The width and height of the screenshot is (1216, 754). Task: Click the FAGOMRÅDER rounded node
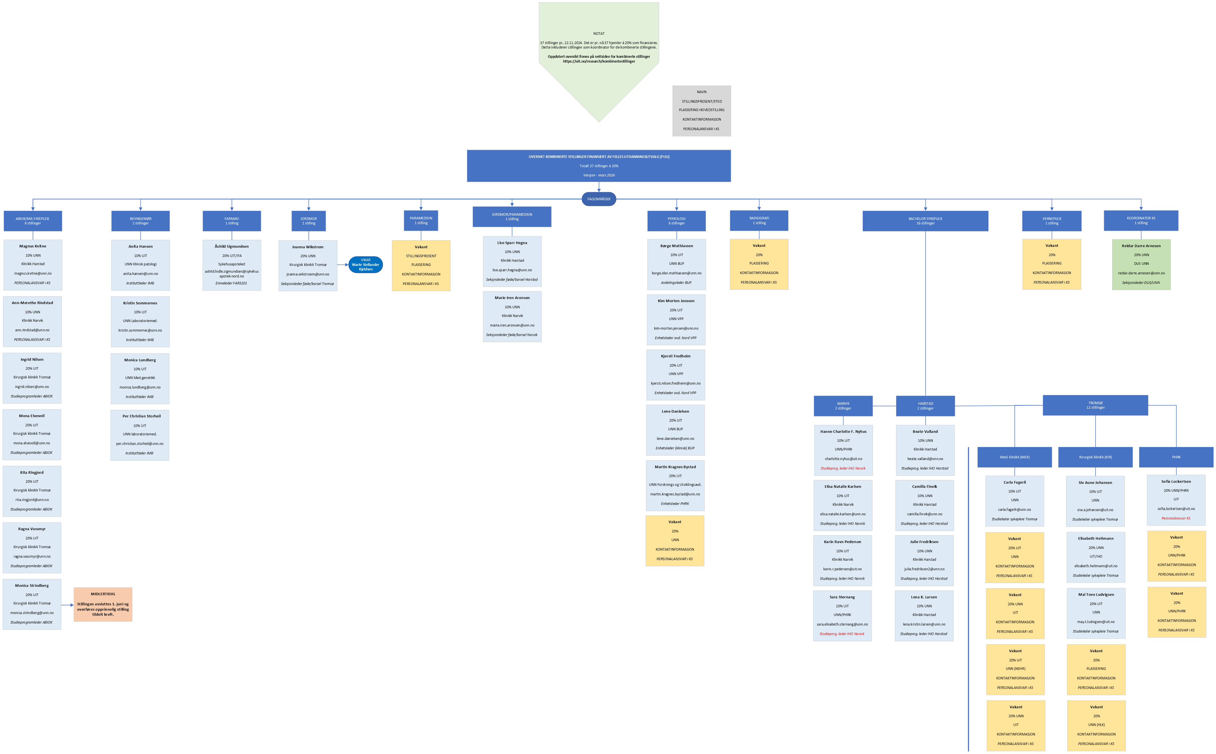click(599, 199)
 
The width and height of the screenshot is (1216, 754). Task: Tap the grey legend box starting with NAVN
click(701, 111)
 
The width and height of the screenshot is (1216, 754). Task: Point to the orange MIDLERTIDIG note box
click(103, 604)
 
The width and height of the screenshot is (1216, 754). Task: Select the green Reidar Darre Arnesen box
click(1141, 264)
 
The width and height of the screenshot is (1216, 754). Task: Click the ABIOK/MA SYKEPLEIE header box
click(33, 221)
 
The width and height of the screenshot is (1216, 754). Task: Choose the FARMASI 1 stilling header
click(232, 221)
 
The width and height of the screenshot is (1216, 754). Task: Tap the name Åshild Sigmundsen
click(232, 246)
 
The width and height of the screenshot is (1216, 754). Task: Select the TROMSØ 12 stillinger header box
click(1095, 405)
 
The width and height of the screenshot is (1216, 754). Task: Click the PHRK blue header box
click(1176, 457)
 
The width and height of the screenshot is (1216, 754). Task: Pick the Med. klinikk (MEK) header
click(1014, 457)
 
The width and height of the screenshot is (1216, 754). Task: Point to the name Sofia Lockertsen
click(1176, 482)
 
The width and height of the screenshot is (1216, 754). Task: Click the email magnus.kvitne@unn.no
click(33, 273)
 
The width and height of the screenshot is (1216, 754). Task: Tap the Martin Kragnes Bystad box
click(675, 485)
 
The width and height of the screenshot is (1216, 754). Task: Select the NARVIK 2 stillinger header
click(843, 406)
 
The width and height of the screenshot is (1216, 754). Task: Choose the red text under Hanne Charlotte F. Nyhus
click(843, 468)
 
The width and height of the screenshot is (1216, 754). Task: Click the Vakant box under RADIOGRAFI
click(759, 264)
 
